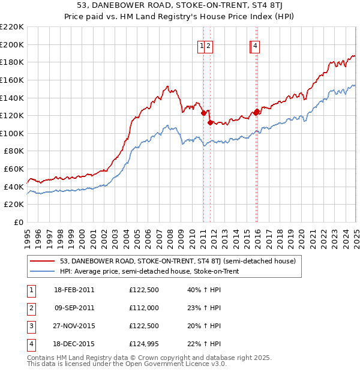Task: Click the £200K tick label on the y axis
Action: (12, 44)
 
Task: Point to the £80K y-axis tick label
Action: (14, 151)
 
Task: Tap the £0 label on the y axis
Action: (19, 223)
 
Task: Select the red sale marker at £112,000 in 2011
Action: (210, 122)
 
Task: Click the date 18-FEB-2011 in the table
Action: (74, 290)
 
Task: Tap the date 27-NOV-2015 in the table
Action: (74, 326)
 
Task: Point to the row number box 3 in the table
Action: (30, 326)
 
